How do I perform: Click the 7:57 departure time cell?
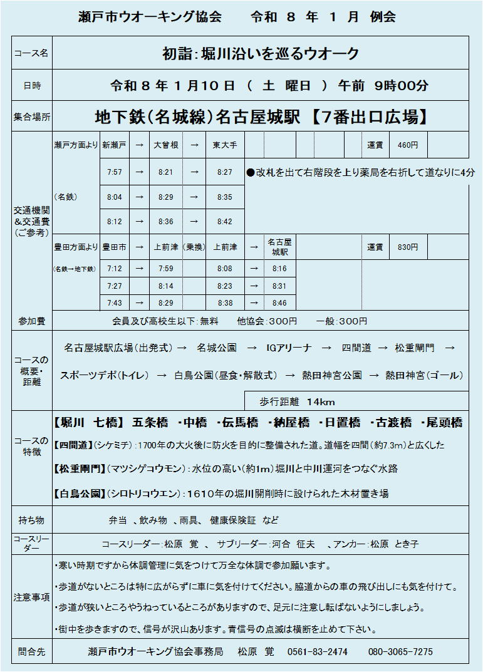click(115, 172)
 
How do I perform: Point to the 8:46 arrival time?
click(279, 303)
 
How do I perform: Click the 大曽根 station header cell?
click(165, 145)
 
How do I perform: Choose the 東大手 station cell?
click(224, 145)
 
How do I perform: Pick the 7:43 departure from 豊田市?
click(115, 303)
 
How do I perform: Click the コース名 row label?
click(31, 53)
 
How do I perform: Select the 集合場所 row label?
click(31, 116)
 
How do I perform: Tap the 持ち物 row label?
click(31, 520)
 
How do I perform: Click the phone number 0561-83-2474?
click(317, 651)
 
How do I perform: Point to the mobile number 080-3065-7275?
click(400, 651)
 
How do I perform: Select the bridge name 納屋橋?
click(291, 423)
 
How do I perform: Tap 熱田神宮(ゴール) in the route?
click(424, 376)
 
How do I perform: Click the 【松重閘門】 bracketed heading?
click(80, 468)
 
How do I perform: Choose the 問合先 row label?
click(31, 651)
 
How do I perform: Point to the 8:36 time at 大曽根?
click(165, 222)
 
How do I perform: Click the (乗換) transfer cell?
click(194, 247)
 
